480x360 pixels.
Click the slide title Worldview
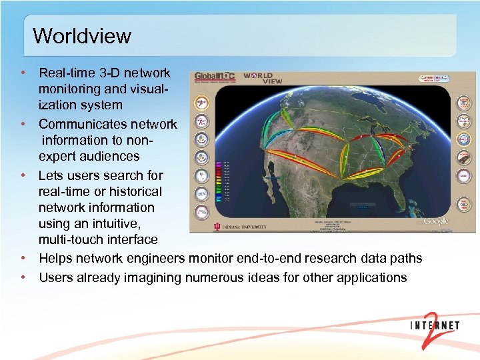[82, 35]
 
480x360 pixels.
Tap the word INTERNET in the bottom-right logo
[435, 326]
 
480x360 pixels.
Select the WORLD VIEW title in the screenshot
[263, 78]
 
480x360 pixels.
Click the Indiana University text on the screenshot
[240, 226]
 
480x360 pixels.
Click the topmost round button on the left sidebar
[201, 103]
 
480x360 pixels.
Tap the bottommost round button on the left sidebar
[201, 212]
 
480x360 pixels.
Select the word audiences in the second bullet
[108, 156]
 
